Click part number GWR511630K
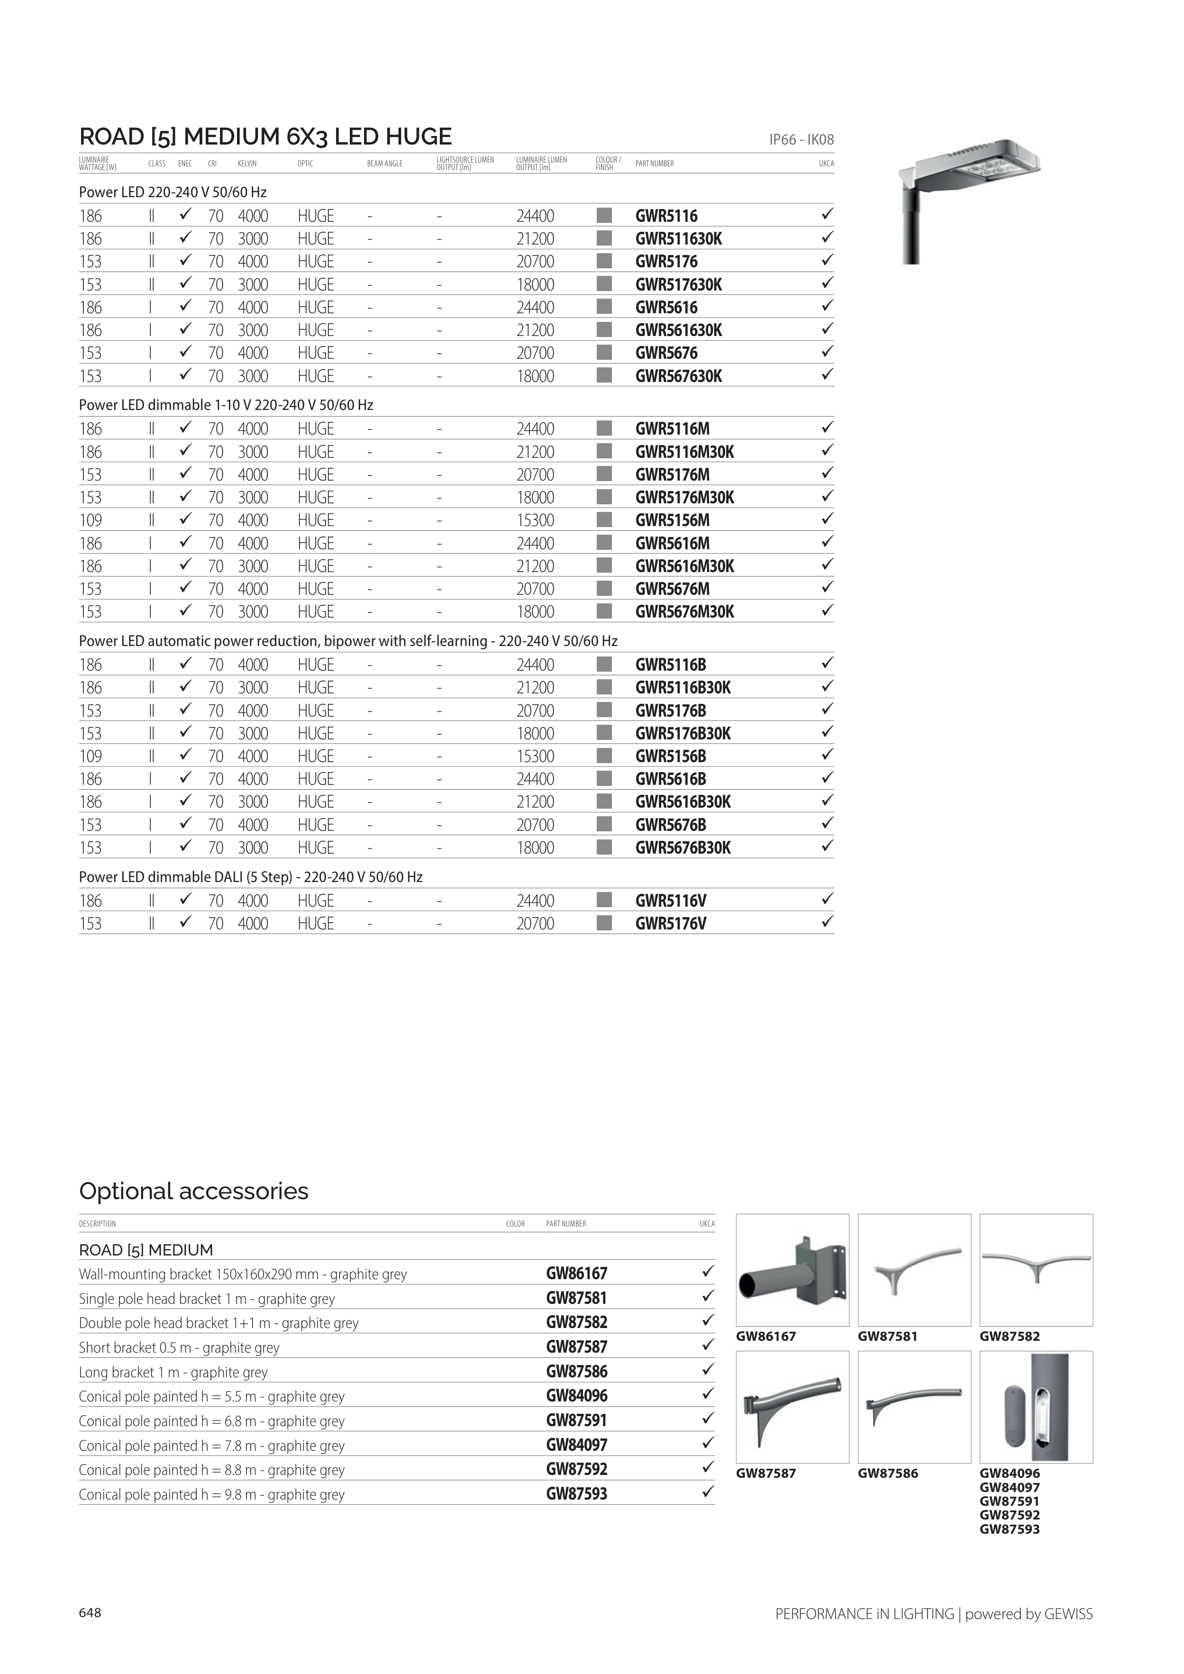678,239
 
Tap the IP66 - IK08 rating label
801,139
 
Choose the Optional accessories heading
193,1191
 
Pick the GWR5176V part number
671,924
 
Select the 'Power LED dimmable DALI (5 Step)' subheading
250,877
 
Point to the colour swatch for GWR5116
604,216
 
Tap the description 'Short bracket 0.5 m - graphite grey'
179,1347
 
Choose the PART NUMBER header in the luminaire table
654,164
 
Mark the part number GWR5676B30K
683,848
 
